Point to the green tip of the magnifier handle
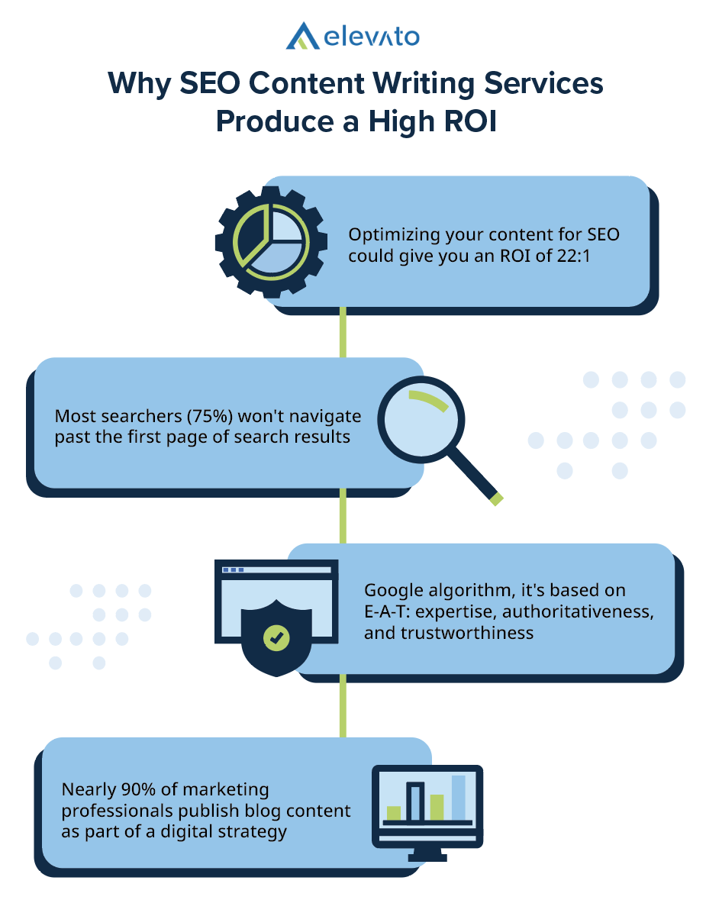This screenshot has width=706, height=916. [x=497, y=499]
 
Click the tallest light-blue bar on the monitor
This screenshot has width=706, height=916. [x=458, y=797]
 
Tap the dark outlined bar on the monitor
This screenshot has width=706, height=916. [x=414, y=801]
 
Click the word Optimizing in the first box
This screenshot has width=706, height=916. [x=388, y=235]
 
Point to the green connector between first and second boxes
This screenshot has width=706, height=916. [x=343, y=331]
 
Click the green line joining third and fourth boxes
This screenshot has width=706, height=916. [x=343, y=708]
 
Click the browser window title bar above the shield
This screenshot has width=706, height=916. [x=276, y=569]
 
